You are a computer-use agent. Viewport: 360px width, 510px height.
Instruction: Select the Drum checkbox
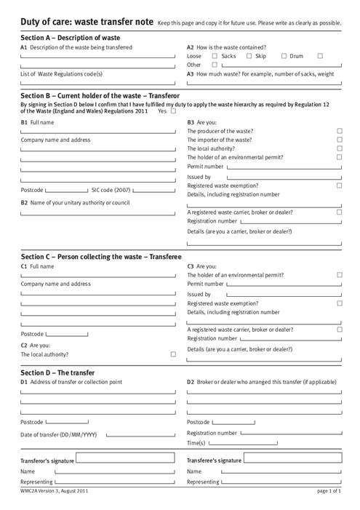pyautogui.click(x=284, y=55)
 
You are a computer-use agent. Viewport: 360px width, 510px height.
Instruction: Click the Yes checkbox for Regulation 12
pyautogui.click(x=173, y=111)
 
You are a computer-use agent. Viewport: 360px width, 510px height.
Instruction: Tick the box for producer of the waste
pyautogui.click(x=340, y=132)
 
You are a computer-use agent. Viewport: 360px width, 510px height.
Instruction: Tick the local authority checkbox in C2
pyautogui.click(x=173, y=355)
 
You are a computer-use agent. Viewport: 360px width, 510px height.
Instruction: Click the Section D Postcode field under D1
pyautogui.click(x=67, y=422)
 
